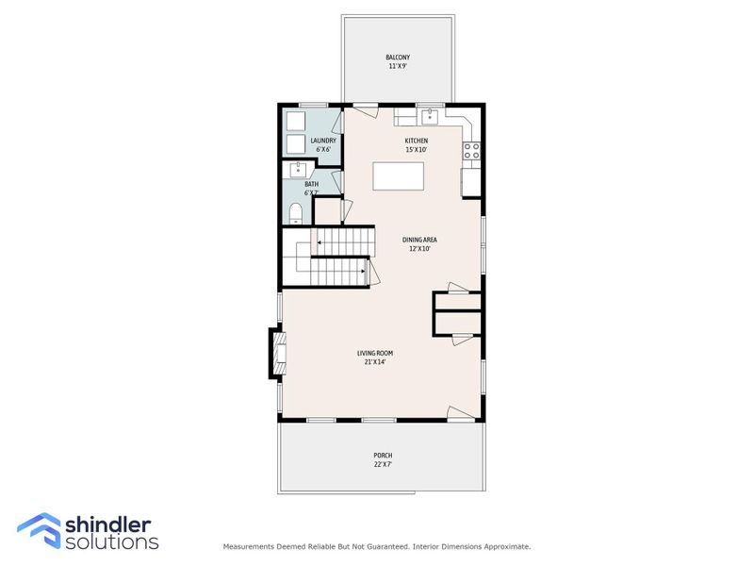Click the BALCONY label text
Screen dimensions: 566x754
click(x=398, y=58)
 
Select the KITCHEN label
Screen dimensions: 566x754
click(x=417, y=141)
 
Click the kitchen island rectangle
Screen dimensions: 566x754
click(x=398, y=176)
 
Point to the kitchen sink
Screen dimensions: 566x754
click(x=429, y=116)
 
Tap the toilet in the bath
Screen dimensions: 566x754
click(x=294, y=211)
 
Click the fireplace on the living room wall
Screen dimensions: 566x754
click(x=276, y=352)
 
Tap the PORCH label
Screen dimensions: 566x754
click(x=383, y=456)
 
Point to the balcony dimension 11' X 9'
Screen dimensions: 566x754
click(x=398, y=67)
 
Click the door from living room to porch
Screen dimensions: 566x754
click(x=460, y=413)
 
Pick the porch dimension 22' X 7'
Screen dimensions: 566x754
click(x=383, y=465)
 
